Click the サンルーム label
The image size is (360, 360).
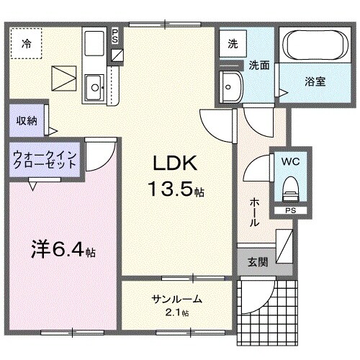point(176,300)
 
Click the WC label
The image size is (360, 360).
point(291,161)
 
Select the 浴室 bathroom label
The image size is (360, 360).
point(315,81)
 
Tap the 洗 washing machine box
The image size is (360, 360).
point(233,43)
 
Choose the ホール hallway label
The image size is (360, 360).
point(254,213)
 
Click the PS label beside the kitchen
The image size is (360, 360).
point(116,37)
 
